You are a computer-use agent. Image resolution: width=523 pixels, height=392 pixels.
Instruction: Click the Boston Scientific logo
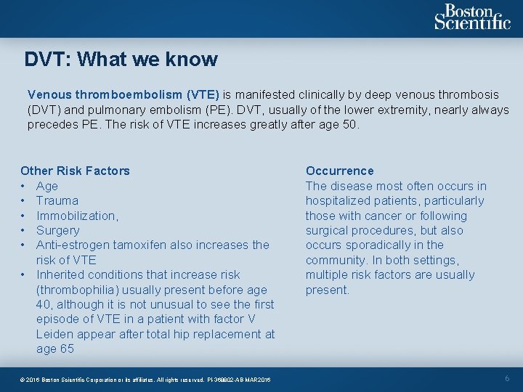[472, 17]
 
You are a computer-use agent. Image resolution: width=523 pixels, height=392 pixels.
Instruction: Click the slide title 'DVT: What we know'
[121, 59]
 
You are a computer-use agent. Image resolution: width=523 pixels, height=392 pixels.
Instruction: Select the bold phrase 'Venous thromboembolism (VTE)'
[123, 94]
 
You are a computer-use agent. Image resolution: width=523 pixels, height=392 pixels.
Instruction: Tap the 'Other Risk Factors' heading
[75, 171]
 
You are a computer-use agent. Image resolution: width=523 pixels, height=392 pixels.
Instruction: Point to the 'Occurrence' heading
[339, 171]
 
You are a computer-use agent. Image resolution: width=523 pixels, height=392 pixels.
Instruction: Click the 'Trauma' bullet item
[57, 200]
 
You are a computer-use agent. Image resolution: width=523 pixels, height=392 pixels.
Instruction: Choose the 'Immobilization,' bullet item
[77, 216]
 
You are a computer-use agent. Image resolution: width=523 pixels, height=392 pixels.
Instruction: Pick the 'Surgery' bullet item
[57, 230]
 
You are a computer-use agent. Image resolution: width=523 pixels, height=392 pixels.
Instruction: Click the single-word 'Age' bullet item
[47, 186]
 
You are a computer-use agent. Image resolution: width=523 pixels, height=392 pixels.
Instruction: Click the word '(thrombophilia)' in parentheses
[80, 290]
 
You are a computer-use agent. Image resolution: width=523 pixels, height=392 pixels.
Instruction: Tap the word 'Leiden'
[55, 334]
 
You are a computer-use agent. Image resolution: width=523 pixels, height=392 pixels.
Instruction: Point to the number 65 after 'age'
[67, 348]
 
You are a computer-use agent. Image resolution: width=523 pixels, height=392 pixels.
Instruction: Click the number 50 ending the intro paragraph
[350, 124]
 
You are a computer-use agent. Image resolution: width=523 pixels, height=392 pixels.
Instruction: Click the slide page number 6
[507, 379]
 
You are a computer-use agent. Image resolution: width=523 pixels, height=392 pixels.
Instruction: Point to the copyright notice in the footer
[145, 380]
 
